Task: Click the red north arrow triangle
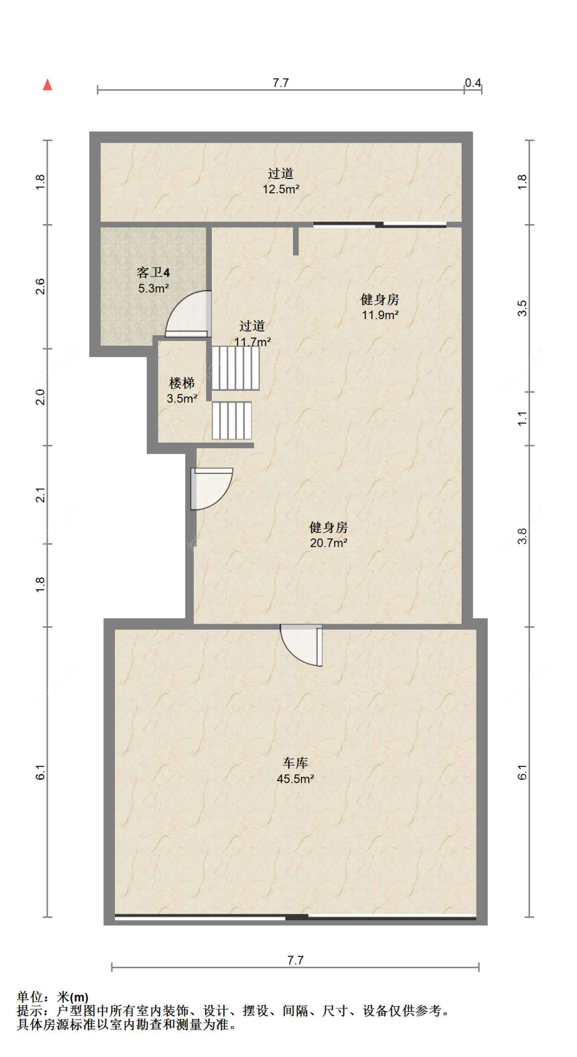coord(48,85)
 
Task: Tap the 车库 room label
coord(295,763)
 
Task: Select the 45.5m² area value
coord(295,779)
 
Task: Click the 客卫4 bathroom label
coord(153,272)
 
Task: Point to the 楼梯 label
coord(182,383)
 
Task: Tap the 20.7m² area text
coord(329,543)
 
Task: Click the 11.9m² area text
coord(380,315)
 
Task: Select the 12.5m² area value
coord(281,189)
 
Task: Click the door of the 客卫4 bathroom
coord(188,314)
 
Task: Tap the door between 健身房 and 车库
coord(302,645)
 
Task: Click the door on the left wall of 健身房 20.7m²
coord(211,489)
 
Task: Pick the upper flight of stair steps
coord(235,368)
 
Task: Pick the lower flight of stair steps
coord(232,421)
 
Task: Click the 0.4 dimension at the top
coord(473,83)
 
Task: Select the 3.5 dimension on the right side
coord(522,308)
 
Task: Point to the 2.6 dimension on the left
coord(40,286)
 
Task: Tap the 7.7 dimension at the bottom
coord(295,960)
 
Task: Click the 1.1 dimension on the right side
coord(522,418)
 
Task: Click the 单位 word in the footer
coord(30,997)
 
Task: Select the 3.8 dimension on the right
coord(522,536)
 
